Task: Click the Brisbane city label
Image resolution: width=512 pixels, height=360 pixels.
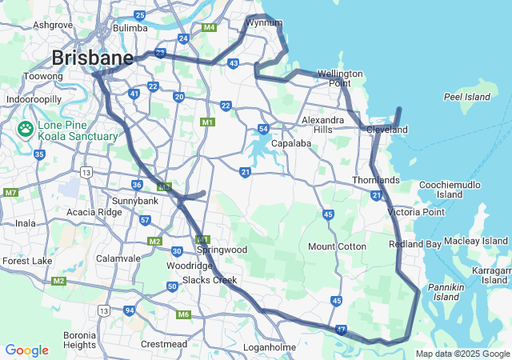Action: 92,58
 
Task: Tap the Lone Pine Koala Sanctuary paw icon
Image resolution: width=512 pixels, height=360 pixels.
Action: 26,128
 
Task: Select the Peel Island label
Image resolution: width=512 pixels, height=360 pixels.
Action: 466,97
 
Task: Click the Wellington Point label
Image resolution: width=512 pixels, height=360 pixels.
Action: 340,78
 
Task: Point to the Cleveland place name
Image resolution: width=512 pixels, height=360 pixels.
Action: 387,130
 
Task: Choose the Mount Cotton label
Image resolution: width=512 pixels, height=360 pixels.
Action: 337,246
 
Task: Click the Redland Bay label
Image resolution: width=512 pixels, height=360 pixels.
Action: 415,244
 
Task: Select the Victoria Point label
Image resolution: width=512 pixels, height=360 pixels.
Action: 415,212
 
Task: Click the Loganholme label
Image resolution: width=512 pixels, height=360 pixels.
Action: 270,348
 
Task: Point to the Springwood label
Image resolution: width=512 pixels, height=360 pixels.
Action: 222,250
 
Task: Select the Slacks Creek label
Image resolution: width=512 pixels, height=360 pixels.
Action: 210,280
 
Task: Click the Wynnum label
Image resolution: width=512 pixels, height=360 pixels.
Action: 264,22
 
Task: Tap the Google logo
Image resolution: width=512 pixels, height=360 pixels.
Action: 26,350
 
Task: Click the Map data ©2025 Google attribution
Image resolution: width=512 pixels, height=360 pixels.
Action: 462,354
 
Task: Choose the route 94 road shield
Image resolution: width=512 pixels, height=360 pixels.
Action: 129,310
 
